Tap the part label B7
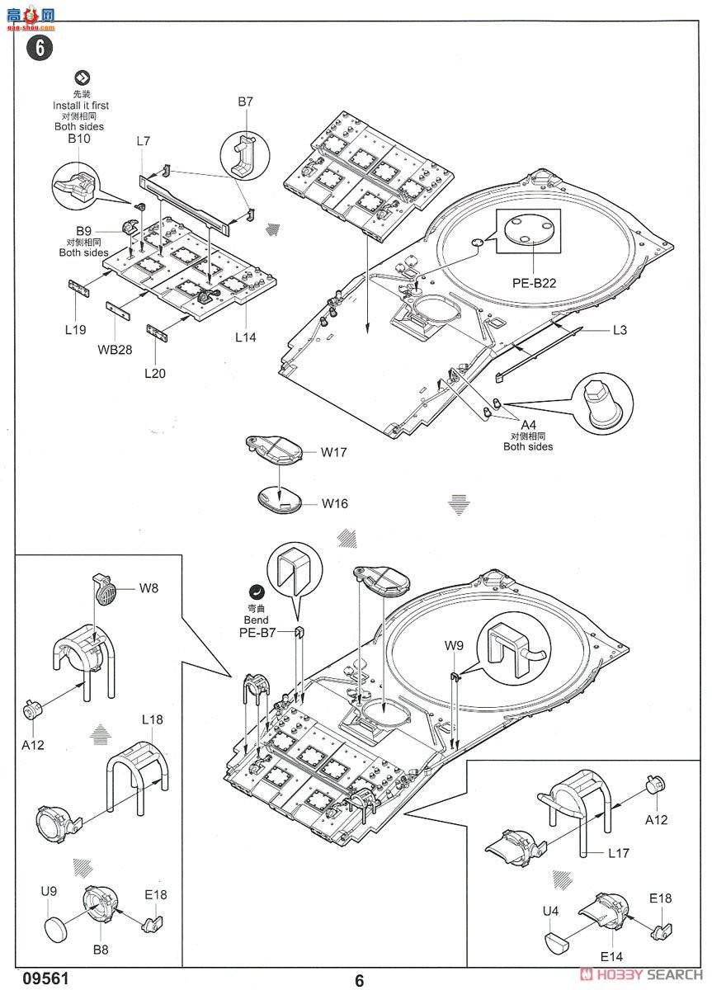point(245,101)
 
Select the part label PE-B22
point(534,282)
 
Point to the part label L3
point(620,330)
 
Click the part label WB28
point(115,349)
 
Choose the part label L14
point(246,337)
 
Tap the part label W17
point(334,452)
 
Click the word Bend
point(256,620)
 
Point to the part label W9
point(454,645)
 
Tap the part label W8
point(148,588)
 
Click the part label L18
point(152,719)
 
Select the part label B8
point(100,950)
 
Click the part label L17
point(619,854)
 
